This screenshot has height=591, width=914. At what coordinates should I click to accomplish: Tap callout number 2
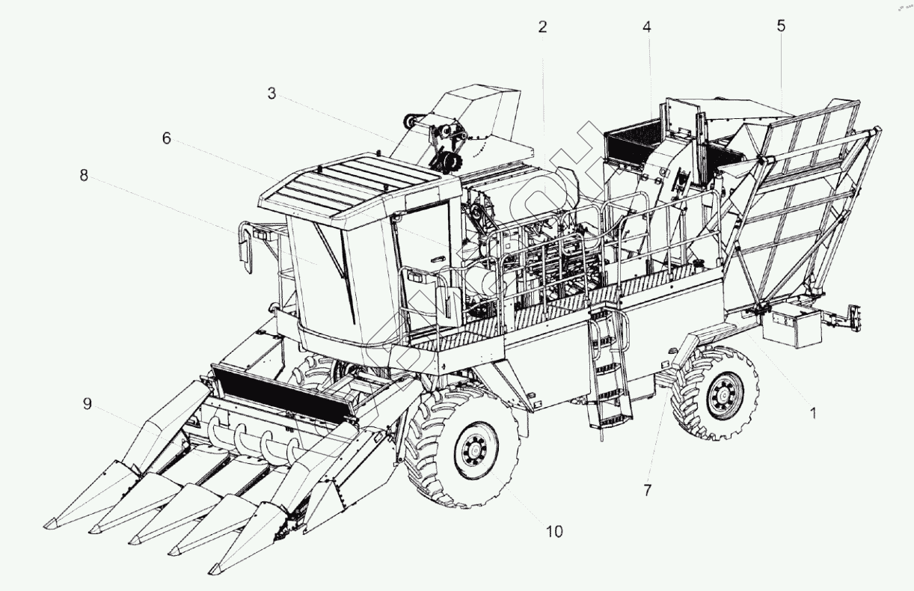click(x=542, y=27)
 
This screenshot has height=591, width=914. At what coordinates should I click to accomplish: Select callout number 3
click(x=272, y=94)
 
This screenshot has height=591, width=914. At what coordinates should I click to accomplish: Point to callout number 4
click(x=647, y=27)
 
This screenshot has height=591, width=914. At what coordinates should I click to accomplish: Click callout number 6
click(x=166, y=138)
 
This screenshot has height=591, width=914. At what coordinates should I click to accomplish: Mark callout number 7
click(x=648, y=490)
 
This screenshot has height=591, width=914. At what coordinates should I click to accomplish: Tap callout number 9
click(x=88, y=404)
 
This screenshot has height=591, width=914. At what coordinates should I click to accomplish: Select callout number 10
click(x=553, y=531)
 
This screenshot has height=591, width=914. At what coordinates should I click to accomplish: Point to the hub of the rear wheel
click(x=723, y=394)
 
